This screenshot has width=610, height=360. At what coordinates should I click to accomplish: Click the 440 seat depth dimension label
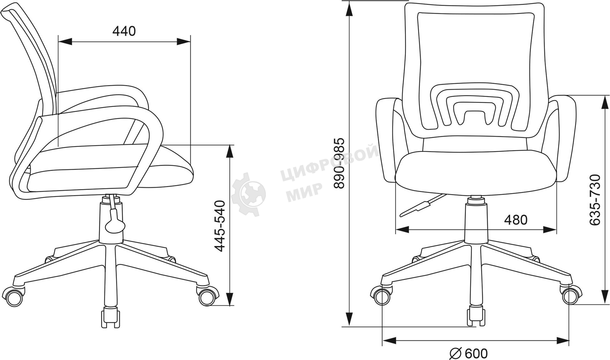coord(124,31)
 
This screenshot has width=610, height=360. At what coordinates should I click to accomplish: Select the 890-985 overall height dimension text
coord(339,163)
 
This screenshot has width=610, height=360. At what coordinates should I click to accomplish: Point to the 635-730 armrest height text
coord(595,200)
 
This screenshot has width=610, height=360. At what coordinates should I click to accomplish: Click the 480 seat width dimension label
coord(516,220)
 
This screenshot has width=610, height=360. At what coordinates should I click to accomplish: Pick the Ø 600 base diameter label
coord(468,353)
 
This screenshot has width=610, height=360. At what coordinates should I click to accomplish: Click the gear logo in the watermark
coord(248,194)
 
